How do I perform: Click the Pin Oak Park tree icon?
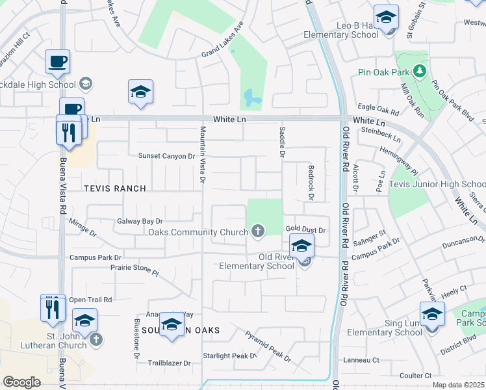tap(420, 70)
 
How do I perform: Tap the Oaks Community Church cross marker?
tap(258, 231)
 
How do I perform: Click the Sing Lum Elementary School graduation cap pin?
tap(432, 315)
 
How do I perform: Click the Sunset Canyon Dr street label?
tap(166, 156)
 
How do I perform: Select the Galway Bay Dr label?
tap(139, 221)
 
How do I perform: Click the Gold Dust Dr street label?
tap(305, 230)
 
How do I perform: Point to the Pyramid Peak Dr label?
tap(268, 346)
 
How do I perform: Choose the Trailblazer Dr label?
tap(169, 363)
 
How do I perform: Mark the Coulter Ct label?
tap(416, 376)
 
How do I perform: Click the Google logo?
tap(21, 382)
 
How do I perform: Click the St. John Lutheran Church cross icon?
tap(96, 339)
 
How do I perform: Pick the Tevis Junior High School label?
tap(437, 184)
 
